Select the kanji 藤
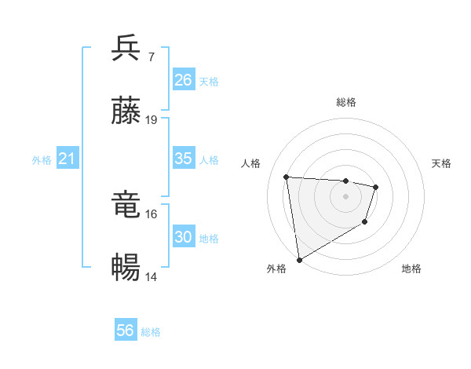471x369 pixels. pos(126,111)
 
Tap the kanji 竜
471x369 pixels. pos(126,205)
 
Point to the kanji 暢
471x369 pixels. pos(126,269)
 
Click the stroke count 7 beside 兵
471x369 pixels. pos(151,57)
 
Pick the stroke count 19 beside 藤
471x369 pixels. pos(152,120)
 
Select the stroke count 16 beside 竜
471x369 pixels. pos(152,214)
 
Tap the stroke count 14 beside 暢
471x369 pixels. pos(152,277)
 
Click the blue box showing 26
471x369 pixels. pos(184,80)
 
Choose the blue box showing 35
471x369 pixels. pos(184,159)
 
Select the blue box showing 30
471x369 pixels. pos(184,237)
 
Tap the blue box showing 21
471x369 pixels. pos(68,159)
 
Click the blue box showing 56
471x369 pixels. pos(126,331)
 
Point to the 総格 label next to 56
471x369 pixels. pos(151,332)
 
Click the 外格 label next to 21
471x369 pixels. pos(42,160)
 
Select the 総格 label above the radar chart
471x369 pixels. pos(346,102)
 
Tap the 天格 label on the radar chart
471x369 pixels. pos(441,163)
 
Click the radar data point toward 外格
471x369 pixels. pos(299,259)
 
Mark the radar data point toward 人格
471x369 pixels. pos(287,177)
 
